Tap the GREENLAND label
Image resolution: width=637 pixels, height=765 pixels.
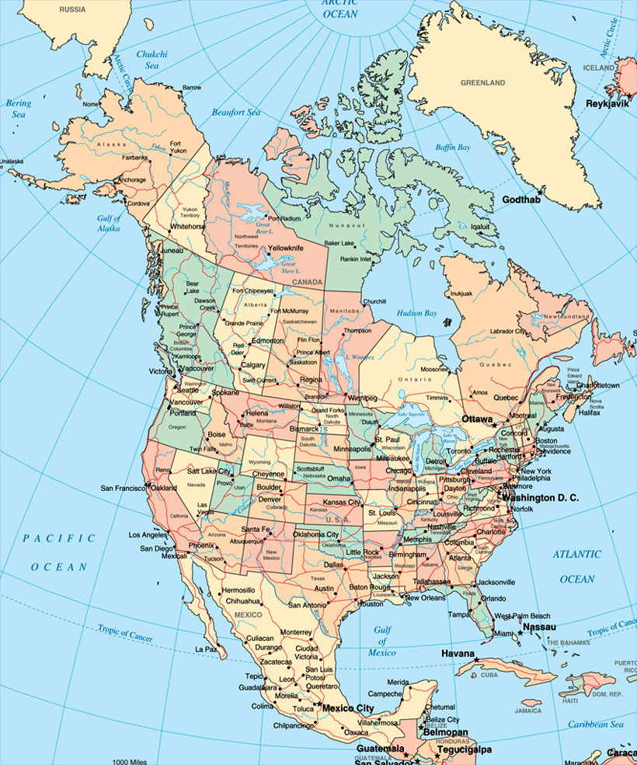pos(482,82)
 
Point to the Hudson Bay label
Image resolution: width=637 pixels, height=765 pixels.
pos(416,313)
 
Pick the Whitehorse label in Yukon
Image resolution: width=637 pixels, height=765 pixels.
pos(186,227)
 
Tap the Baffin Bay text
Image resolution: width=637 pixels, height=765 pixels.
pos(453,147)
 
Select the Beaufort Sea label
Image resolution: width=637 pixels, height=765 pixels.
pos(236,113)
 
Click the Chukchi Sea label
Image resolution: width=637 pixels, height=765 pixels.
pos(152,60)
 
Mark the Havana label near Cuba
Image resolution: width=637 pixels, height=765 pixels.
pos(458,653)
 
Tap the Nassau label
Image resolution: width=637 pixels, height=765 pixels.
pos(539,627)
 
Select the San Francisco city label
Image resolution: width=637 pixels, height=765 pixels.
pos(123,489)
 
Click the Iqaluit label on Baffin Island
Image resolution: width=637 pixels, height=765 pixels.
pos(474,227)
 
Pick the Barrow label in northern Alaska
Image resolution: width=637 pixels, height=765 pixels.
pos(191,88)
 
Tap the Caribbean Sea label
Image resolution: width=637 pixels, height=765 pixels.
pos(594,725)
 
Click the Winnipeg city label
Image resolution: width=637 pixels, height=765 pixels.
pos(361,398)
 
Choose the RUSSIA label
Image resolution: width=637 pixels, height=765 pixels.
pos(72,10)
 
